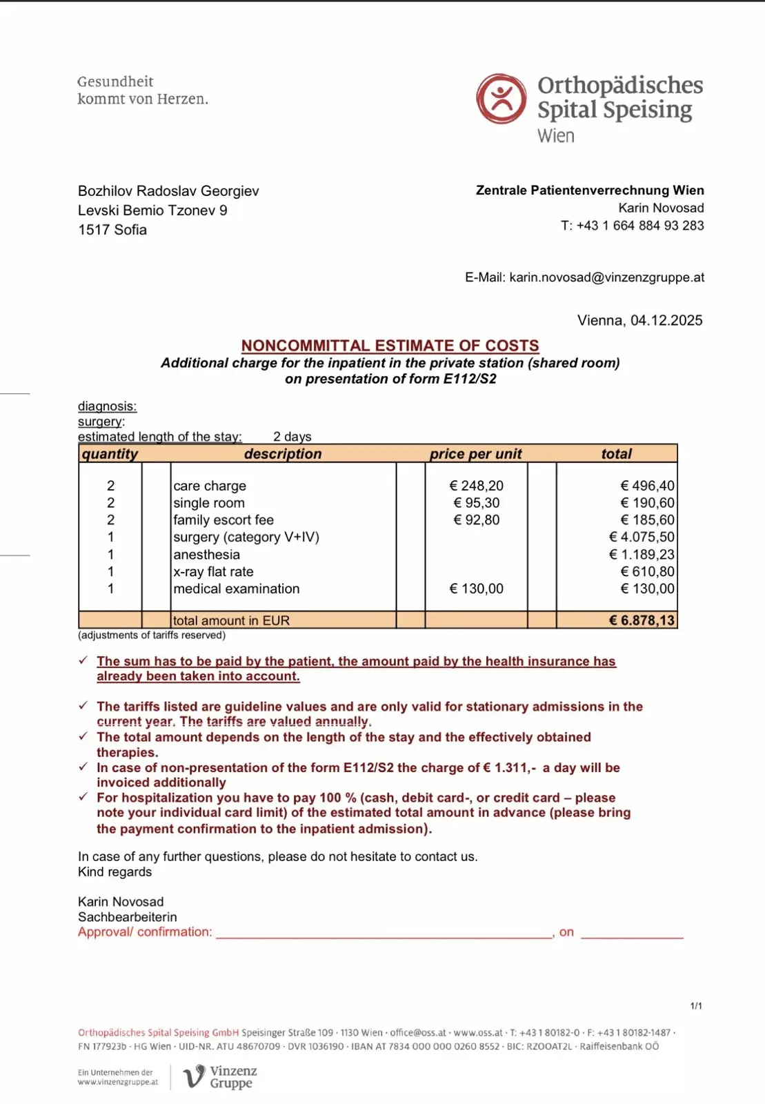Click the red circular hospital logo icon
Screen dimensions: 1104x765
tap(501, 99)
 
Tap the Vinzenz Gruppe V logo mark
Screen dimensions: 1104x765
tap(194, 1076)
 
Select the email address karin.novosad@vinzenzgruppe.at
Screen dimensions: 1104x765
tap(606, 277)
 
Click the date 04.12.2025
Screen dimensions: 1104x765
tap(666, 320)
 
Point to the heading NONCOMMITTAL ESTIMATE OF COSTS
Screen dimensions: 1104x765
tap(390, 346)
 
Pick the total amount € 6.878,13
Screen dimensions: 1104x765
tap(642, 620)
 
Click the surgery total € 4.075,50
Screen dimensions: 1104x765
tap(642, 537)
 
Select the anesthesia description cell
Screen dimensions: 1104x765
tap(207, 555)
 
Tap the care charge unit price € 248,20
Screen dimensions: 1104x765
tap(476, 486)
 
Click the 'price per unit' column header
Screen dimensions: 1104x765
tap(475, 454)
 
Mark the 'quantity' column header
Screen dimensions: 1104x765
tap(110, 454)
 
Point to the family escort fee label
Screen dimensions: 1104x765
tap(223, 520)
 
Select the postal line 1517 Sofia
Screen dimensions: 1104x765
tap(112, 230)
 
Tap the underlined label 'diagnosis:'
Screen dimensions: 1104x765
tap(107, 406)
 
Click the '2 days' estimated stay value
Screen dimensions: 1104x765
tap(292, 437)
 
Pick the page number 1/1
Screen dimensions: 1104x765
tap(696, 1006)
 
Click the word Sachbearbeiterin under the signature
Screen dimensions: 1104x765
tap(128, 917)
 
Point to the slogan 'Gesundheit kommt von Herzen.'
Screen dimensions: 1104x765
tap(142, 90)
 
